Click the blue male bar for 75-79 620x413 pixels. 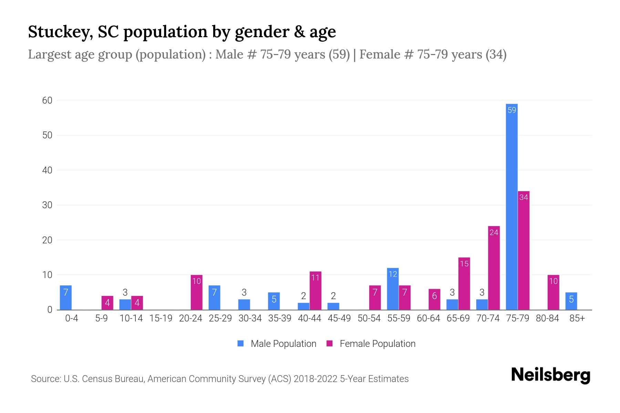click(511, 206)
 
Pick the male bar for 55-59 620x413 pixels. click(393, 289)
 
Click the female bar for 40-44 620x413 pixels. click(315, 291)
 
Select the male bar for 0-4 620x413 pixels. click(66, 298)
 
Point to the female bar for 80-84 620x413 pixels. click(553, 293)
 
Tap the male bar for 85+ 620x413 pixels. click(571, 301)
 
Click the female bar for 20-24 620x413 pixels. click(196, 293)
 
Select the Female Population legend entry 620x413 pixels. click(371, 343)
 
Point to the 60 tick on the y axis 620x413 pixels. click(47, 100)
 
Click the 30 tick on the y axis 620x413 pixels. click(47, 205)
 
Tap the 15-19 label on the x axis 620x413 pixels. click(161, 318)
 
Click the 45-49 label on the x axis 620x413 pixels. click(339, 318)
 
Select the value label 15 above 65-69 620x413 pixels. click(464, 264)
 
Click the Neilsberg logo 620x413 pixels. click(550, 375)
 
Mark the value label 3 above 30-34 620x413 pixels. click(244, 293)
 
